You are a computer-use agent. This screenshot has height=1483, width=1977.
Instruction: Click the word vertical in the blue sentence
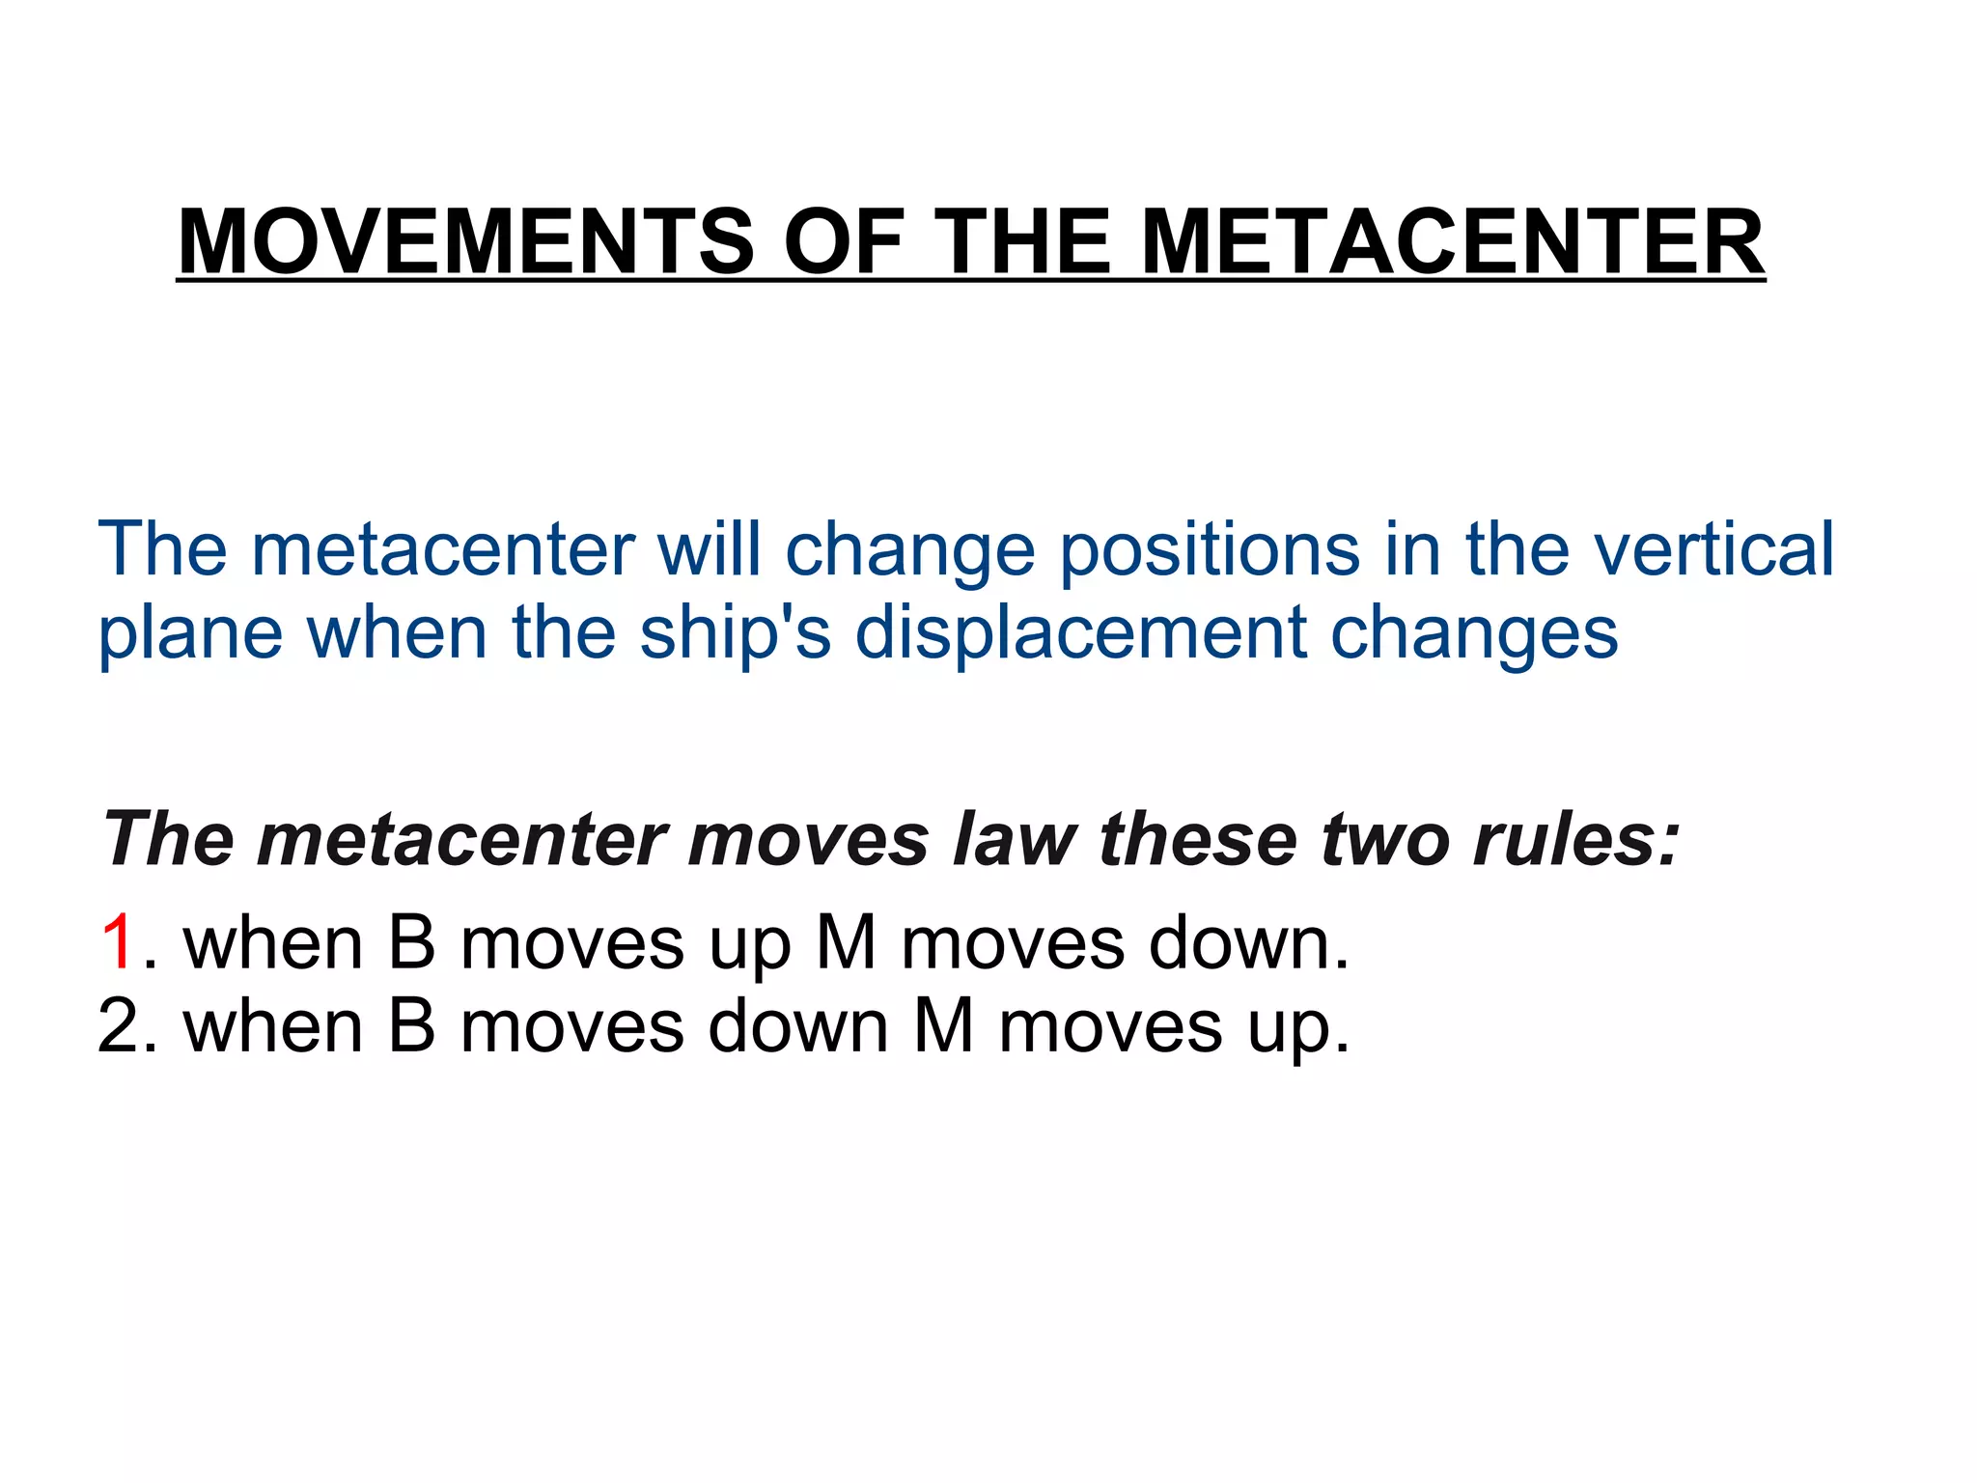coord(1713,549)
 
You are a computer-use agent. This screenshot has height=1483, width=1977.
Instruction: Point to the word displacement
coord(1081,633)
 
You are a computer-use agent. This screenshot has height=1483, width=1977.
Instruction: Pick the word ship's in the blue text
coord(735,633)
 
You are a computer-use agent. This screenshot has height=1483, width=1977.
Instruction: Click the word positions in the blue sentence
coord(1211,549)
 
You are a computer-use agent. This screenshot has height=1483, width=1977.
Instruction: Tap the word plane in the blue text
coord(190,633)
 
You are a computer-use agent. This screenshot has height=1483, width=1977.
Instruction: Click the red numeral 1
coord(117,942)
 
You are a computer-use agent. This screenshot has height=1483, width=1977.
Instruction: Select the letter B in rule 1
coord(412,942)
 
